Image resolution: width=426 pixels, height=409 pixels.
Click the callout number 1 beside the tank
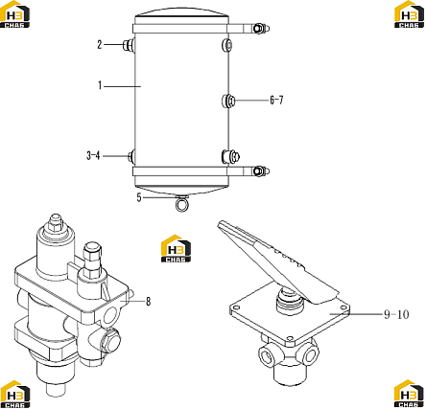click(100, 85)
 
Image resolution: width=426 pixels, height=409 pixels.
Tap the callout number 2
click(100, 45)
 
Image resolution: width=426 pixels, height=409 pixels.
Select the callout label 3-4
click(93, 156)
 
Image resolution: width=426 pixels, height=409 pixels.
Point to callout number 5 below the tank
click(139, 197)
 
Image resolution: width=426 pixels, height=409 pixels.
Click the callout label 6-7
click(276, 101)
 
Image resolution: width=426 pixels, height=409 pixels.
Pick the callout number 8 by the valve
click(148, 302)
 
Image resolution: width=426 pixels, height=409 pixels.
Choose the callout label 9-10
click(396, 315)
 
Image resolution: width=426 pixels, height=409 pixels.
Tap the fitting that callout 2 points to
click(130, 45)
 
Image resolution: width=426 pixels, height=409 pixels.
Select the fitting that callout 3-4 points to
click(131, 156)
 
